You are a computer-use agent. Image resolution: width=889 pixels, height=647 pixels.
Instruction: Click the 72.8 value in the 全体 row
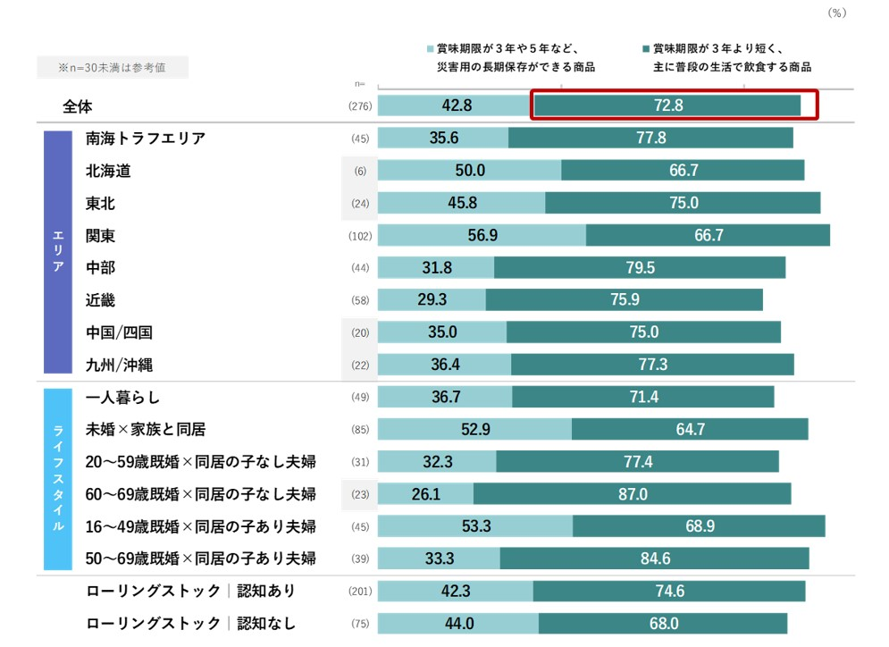point(667,105)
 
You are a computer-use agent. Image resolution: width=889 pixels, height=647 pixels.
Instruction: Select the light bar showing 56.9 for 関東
point(482,235)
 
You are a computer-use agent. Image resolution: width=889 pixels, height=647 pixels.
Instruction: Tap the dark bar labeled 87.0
point(632,493)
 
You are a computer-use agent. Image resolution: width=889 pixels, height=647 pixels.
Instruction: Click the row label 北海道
point(108,171)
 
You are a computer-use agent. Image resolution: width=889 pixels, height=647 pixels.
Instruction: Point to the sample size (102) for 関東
point(359,236)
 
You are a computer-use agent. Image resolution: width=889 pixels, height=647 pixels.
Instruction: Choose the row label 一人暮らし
point(123,397)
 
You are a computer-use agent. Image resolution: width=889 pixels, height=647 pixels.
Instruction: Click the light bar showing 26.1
point(425,493)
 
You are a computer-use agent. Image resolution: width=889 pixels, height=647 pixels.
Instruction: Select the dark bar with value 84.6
point(654,559)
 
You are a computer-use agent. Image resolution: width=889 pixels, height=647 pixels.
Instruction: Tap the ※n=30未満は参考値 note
point(112,67)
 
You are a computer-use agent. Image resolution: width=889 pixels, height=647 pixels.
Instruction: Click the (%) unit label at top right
point(836,13)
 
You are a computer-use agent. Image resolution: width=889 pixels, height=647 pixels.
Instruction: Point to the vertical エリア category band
point(57,251)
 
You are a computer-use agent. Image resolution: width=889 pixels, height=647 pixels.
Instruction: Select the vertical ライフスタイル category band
point(57,477)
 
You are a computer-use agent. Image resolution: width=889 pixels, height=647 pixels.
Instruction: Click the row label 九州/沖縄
point(119,365)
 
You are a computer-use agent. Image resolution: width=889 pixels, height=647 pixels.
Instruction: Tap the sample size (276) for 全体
point(359,106)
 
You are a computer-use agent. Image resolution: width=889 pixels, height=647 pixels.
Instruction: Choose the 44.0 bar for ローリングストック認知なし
point(458,623)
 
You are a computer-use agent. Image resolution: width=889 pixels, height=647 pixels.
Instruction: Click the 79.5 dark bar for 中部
point(640,267)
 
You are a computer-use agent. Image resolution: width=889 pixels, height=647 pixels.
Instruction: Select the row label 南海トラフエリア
point(146,139)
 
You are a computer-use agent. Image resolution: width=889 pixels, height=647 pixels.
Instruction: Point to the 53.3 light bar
point(475,525)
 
